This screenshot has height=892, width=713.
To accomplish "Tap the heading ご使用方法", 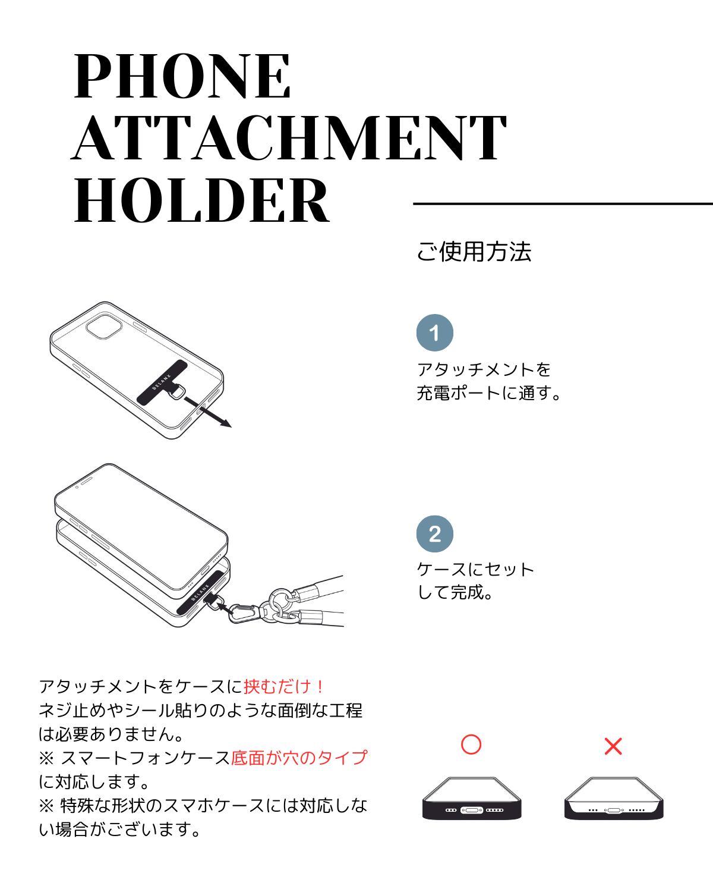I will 474,252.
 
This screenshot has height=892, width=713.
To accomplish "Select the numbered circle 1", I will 434,333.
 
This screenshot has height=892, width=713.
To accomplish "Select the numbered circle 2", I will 434,534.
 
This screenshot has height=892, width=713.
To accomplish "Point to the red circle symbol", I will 471,745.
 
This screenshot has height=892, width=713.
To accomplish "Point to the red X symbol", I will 613,746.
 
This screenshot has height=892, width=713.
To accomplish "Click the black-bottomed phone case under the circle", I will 472,800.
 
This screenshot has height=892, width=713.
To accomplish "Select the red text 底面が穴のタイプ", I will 299,758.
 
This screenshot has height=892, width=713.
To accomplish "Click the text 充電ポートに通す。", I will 489,393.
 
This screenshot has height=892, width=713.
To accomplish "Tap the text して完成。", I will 456,593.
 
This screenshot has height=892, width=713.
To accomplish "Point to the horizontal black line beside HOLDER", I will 562,203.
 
